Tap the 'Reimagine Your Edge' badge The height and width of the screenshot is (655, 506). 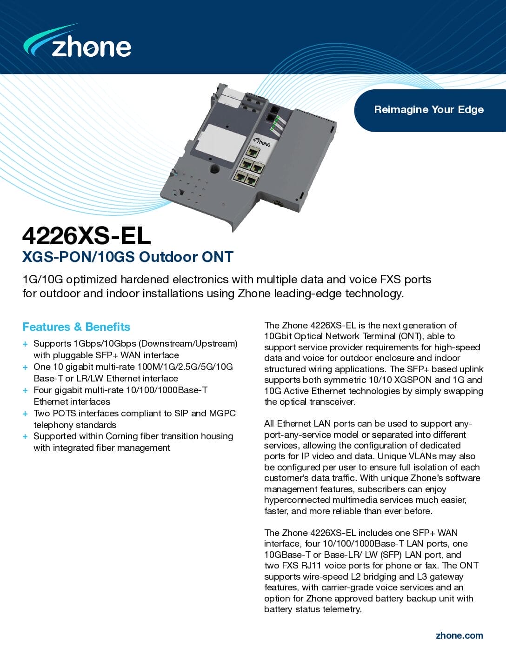pos(428,110)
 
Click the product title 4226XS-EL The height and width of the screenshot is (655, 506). pos(87,236)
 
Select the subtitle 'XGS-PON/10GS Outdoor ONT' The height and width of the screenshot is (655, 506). pos(127,257)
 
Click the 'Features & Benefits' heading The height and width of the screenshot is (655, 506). pos(76,327)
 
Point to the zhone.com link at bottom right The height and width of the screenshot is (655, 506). pos(459,635)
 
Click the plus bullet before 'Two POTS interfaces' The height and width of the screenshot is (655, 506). pos(25,414)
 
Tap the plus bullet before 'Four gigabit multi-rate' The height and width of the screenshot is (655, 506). pos(25,390)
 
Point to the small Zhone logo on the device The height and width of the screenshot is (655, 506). pos(262,142)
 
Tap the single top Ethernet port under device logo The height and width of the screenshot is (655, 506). pos(254,152)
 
